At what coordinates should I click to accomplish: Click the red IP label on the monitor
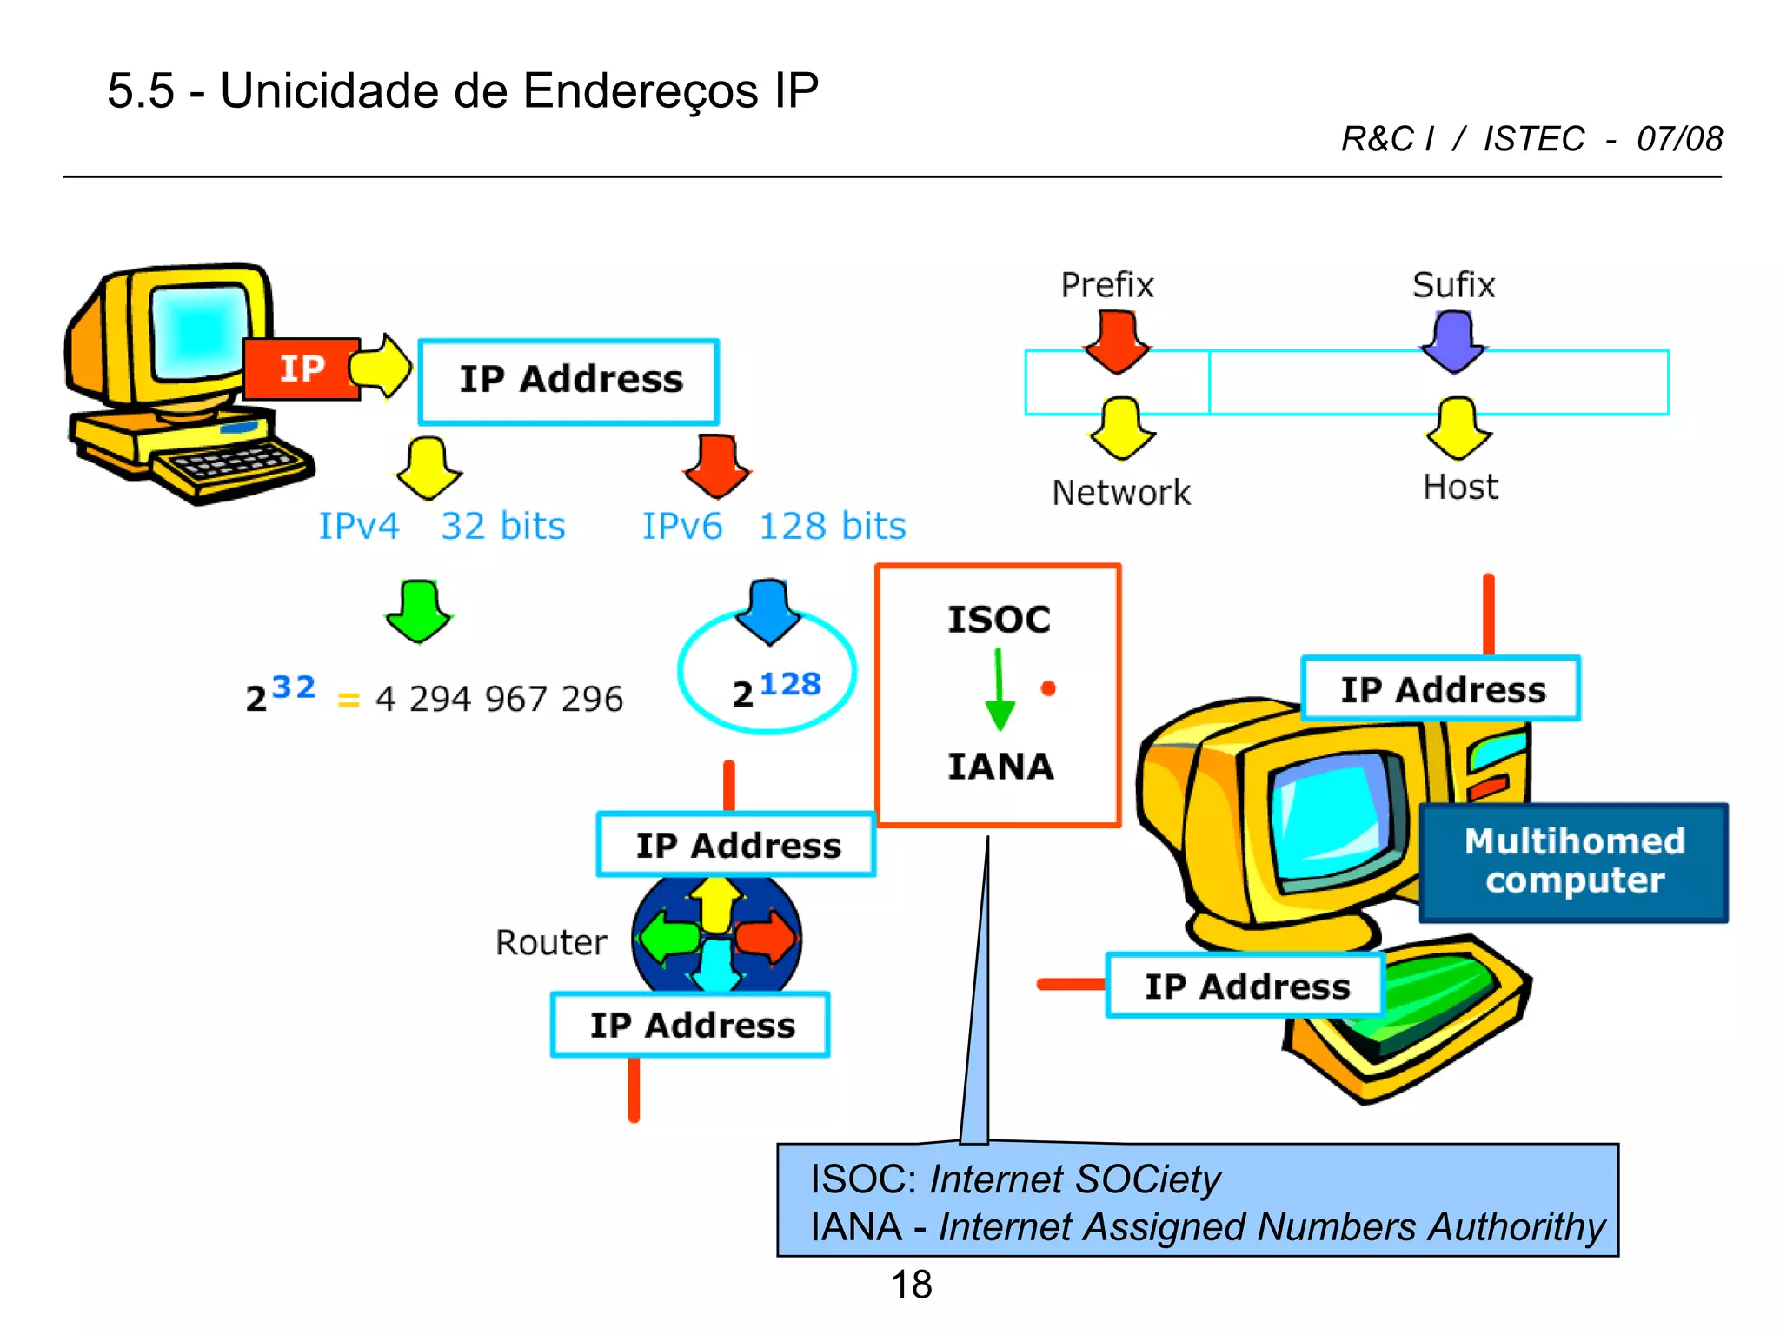(301, 369)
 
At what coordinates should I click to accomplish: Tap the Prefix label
(1106, 285)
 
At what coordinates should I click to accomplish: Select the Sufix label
(1453, 285)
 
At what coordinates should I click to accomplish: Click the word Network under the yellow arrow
(1120, 493)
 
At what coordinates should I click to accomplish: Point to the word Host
(1460, 487)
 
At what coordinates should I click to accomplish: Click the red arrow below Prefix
(1117, 342)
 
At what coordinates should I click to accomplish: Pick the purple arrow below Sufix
(1453, 342)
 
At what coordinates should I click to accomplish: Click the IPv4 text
(358, 526)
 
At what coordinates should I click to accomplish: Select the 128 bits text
(832, 526)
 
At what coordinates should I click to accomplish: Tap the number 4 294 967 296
(499, 699)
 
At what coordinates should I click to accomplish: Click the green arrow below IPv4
(419, 611)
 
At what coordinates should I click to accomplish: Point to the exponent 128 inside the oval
(790, 684)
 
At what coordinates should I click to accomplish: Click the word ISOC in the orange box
(999, 620)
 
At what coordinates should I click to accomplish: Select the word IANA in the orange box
(1000, 767)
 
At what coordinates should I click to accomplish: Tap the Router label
(551, 942)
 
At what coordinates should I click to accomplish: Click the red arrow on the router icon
(766, 938)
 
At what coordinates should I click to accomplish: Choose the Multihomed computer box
(1573, 861)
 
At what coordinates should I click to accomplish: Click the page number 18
(911, 1285)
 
